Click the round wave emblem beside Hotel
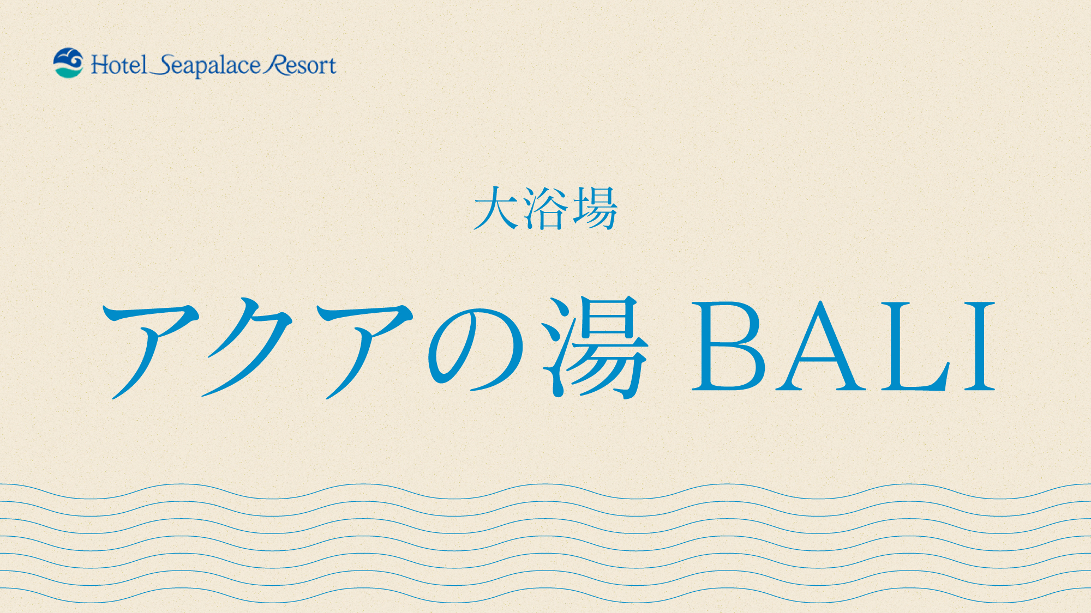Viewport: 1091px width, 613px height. pos(68,63)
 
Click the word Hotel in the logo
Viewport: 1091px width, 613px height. pos(119,65)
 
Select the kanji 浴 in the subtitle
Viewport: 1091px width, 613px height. pos(544,208)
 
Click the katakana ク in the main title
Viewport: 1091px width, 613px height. pos(248,347)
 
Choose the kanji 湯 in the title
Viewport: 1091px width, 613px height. pos(595,347)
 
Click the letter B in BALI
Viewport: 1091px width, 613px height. pos(728,347)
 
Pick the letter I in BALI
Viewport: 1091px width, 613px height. pos(980,347)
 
